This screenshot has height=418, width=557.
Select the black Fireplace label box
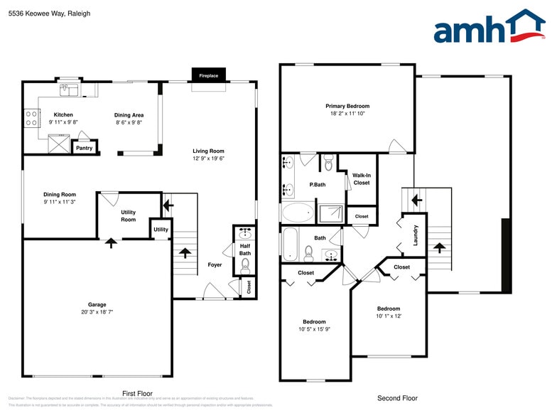(208, 75)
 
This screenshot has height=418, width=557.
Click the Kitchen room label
(63, 114)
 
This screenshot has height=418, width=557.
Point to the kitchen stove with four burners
(31, 117)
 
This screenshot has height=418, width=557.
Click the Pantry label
(84, 148)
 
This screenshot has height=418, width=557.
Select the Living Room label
(208, 151)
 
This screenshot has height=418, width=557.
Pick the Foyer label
(215, 265)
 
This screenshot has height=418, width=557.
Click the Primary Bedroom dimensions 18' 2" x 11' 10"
(347, 114)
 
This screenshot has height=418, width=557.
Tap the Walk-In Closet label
(361, 178)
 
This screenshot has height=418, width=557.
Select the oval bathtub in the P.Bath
(298, 212)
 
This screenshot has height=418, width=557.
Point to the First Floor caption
(137, 393)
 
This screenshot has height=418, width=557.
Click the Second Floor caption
(397, 398)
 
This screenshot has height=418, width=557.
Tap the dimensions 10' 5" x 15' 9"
(314, 329)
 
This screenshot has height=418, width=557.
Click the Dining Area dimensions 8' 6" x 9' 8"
(129, 122)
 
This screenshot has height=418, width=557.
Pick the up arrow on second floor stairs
(438, 248)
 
